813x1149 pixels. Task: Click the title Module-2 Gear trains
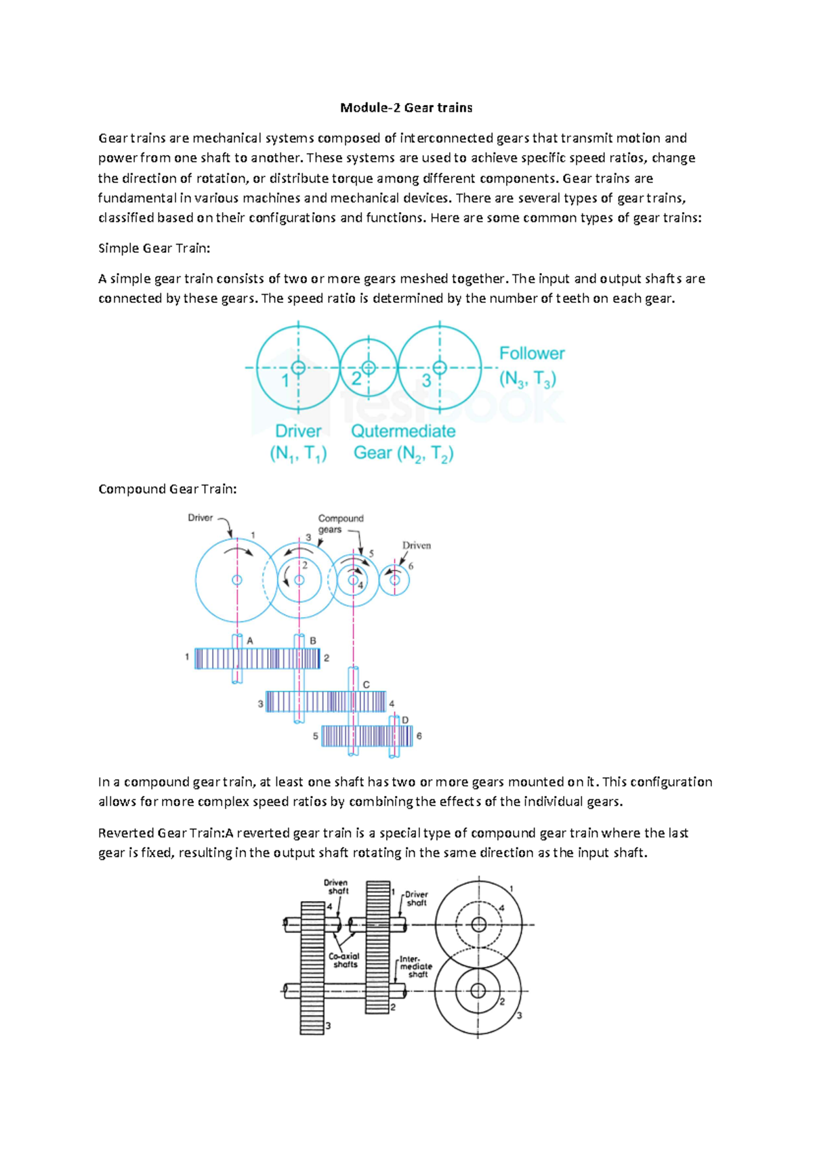406,108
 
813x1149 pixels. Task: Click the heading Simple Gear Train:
154,249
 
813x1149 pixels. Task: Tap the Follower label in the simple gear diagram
531,354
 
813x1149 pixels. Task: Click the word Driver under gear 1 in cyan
298,432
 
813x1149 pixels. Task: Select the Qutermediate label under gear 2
403,432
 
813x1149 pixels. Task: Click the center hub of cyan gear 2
368,368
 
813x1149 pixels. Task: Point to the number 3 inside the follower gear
426,381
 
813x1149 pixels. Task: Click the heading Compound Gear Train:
167,489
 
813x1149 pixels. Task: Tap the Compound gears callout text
340,524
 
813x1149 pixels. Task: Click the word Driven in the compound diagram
416,545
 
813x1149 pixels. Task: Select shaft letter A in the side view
250,641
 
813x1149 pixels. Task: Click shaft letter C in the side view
366,685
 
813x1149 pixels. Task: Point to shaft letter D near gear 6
405,720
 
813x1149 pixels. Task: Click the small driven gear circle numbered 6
394,580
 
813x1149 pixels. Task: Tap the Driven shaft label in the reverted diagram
336,887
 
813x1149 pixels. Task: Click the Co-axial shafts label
344,960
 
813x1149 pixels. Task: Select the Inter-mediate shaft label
415,967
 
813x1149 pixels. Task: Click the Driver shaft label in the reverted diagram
416,898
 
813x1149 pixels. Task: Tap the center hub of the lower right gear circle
478,991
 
